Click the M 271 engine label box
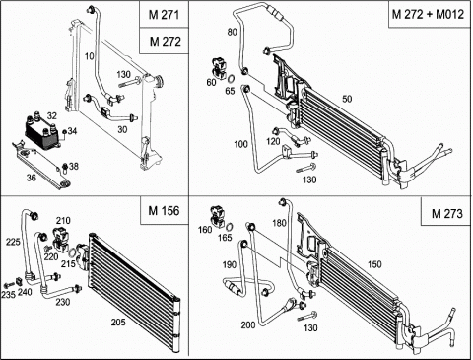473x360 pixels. pos(164,15)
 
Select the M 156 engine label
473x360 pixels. pos(165,210)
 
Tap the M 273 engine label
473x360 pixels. pos(446,214)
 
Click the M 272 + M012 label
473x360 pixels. pos(428,14)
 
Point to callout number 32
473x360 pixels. pos(51,115)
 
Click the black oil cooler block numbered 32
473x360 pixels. pos(42,133)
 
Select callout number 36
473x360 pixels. pos(31,178)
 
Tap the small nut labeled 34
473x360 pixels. pos(64,132)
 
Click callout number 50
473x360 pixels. pos(347,99)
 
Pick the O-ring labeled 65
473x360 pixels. pos(231,79)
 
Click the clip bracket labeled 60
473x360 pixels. pos(219,68)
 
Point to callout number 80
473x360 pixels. pos(232,32)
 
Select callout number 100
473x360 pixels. pos(240,144)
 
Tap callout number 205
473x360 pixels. pos(118,323)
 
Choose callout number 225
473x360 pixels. pos(13,242)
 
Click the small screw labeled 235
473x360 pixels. pos(9,285)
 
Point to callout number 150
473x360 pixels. pos(374,264)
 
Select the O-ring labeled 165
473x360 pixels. pos(230,227)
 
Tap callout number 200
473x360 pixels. pos(248,324)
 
